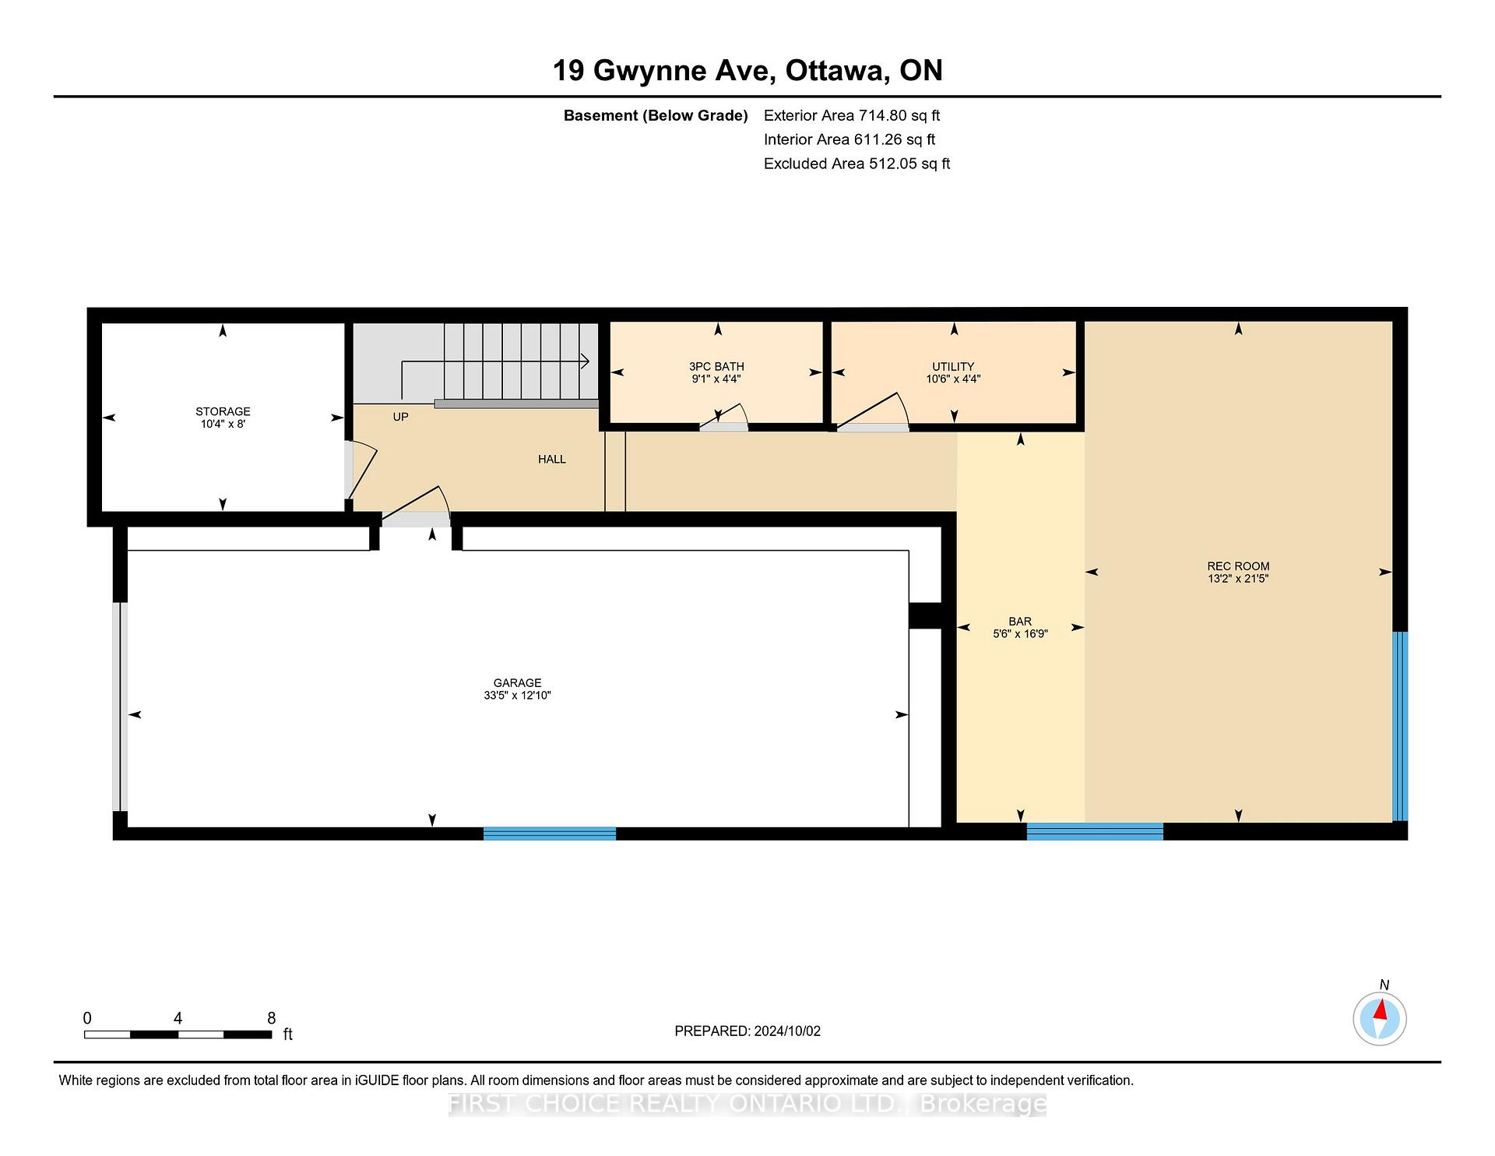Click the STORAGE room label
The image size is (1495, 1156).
pyautogui.click(x=223, y=411)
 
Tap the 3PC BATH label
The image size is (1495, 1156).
pyautogui.click(x=716, y=366)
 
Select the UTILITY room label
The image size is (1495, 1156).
pyautogui.click(x=953, y=366)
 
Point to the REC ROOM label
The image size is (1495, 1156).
pyautogui.click(x=1238, y=566)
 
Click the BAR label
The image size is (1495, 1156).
pyautogui.click(x=1020, y=622)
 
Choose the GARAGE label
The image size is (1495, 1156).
pyautogui.click(x=517, y=683)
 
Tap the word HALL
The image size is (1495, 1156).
pyautogui.click(x=552, y=460)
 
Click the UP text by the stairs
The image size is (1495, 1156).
pyautogui.click(x=400, y=417)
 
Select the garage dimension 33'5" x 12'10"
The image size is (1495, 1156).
pyautogui.click(x=517, y=696)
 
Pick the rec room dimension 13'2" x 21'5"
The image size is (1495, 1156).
pyautogui.click(x=1238, y=579)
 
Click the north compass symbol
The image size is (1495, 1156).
pyautogui.click(x=1380, y=1018)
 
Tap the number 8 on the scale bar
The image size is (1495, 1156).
pyautogui.click(x=272, y=1018)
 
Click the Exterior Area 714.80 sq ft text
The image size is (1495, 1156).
pyautogui.click(x=852, y=115)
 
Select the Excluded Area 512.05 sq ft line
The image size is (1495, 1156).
pyautogui.click(x=857, y=164)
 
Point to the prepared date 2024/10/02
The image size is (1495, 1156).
pyautogui.click(x=787, y=1031)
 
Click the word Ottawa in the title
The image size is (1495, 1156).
pyautogui.click(x=837, y=71)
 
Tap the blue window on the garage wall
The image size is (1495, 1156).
pyautogui.click(x=550, y=834)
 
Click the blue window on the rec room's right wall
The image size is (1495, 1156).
pyautogui.click(x=1400, y=726)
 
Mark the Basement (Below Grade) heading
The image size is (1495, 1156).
pyautogui.click(x=656, y=116)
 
